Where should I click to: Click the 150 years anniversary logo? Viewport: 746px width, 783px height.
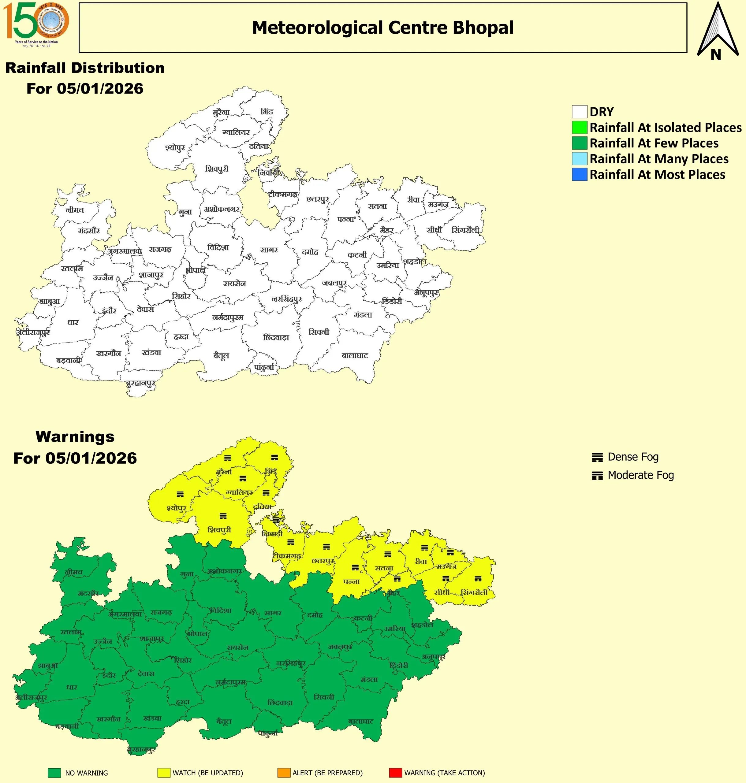pos(36,24)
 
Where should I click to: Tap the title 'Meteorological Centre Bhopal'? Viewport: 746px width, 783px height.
pos(382,28)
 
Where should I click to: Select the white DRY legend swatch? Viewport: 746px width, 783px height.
pos(579,112)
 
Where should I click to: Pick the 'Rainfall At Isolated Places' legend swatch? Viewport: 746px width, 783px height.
pos(579,128)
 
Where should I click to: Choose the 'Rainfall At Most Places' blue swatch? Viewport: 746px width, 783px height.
pos(579,174)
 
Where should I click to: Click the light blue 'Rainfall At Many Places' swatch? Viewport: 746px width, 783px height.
pos(579,158)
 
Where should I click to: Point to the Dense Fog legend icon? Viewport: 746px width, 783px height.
pos(597,458)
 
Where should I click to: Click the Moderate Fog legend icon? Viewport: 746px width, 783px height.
pos(597,475)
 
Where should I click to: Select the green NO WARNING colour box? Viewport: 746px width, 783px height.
pos(54,773)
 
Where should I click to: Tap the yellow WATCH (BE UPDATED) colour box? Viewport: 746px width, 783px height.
pos(164,773)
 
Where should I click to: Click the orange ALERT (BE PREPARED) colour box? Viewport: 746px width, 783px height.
pos(284,773)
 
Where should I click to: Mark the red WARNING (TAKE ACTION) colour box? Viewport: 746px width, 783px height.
pos(395,773)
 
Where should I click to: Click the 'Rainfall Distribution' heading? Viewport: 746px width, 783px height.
pos(85,68)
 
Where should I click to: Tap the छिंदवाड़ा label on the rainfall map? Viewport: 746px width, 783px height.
pos(276,337)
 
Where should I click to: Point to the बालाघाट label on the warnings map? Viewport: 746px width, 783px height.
pos(361,722)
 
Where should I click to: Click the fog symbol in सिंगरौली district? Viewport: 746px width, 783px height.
pos(478,579)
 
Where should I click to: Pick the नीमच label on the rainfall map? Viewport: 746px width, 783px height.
pos(75,210)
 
